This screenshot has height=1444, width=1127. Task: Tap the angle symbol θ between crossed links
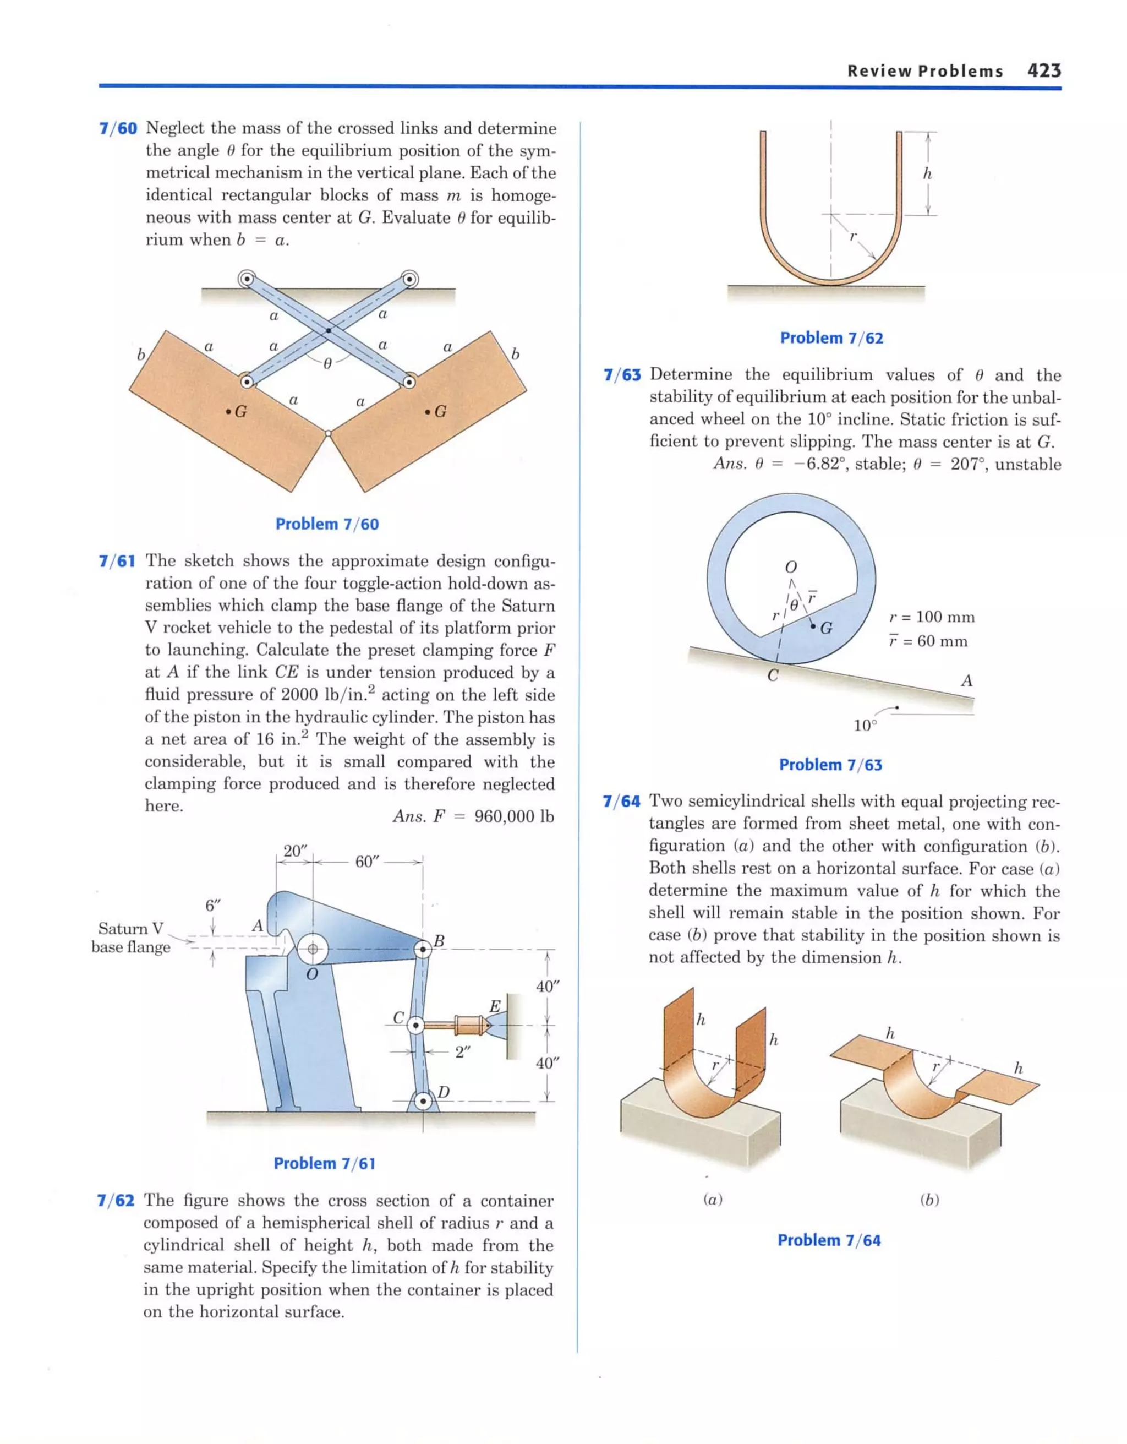[327, 363]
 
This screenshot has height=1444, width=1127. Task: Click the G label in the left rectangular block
[240, 412]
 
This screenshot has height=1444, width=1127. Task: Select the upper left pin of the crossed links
[247, 280]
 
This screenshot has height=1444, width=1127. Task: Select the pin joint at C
[415, 1026]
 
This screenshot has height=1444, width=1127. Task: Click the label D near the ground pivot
[444, 1092]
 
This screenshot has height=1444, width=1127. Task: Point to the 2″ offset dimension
[463, 1052]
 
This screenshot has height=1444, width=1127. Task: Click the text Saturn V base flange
[131, 938]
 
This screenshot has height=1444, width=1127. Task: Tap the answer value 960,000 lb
[513, 816]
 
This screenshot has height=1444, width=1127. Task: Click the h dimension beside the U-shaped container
[927, 174]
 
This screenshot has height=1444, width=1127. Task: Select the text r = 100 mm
[931, 617]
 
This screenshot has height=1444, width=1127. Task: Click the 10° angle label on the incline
[865, 726]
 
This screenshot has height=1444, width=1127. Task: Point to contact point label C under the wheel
[772, 675]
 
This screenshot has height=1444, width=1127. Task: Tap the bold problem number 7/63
[622, 375]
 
